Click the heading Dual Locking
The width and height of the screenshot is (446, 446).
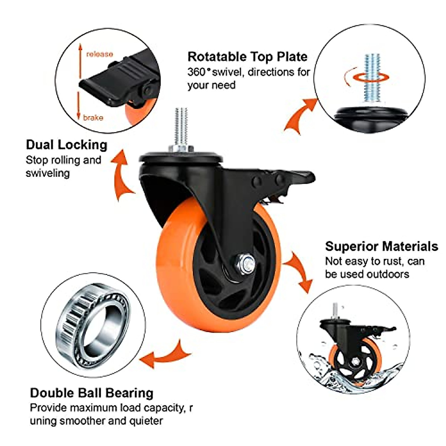click(67, 145)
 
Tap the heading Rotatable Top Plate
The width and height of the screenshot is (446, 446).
click(247, 56)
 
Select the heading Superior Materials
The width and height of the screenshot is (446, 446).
click(381, 246)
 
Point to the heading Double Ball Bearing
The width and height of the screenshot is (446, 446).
click(91, 393)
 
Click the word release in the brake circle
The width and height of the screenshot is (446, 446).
click(99, 54)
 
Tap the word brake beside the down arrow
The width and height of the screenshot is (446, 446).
click(93, 118)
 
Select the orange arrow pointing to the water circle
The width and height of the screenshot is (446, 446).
click(299, 271)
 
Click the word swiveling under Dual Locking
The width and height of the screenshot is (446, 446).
click(48, 173)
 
